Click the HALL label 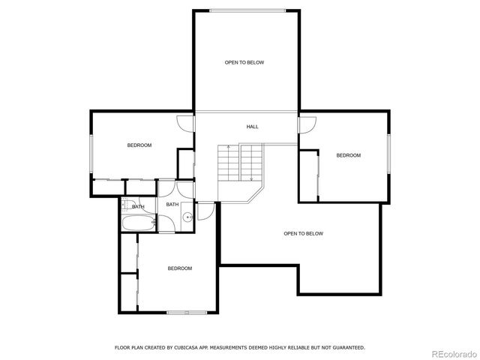(x=253, y=127)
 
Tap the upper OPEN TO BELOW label (x=244, y=62)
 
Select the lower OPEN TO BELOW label (x=303, y=234)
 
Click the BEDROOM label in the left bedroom (x=139, y=145)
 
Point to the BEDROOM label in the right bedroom (x=348, y=155)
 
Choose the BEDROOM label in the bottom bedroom (x=180, y=268)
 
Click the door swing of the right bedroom (x=305, y=126)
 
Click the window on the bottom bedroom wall (x=187, y=313)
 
